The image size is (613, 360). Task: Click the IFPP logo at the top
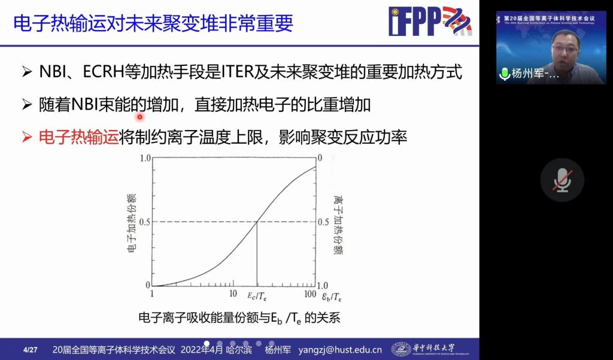pos(430,22)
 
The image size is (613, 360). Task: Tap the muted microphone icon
pos(562,180)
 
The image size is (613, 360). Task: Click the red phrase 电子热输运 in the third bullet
pos(78,137)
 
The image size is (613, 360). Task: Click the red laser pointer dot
pos(140,117)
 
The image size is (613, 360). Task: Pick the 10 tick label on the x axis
pos(233,294)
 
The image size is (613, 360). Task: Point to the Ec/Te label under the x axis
pos(257,295)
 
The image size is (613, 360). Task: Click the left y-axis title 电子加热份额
pos(132,222)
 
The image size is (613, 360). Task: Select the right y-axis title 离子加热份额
pos(338,222)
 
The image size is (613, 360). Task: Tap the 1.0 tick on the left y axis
pos(144,158)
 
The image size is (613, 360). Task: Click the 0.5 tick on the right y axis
pos(323,222)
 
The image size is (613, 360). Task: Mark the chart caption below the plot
pos(239,317)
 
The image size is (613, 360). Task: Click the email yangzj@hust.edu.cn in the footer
pos(340,350)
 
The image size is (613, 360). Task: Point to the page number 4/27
pos(30,350)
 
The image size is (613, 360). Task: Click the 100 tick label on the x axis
pos(309,294)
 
